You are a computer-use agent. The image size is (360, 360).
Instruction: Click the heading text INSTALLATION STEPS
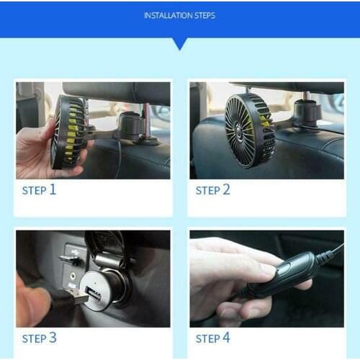(179, 15)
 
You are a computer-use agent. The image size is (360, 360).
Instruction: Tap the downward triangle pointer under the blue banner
(179, 43)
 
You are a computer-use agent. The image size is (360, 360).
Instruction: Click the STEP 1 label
(39, 190)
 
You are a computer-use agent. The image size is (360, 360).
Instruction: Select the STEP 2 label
(213, 190)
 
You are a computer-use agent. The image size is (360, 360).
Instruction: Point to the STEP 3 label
(39, 338)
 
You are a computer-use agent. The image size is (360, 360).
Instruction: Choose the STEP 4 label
(213, 338)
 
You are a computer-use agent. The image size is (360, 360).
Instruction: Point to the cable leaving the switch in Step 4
(331, 255)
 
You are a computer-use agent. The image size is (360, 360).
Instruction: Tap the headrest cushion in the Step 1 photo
(115, 92)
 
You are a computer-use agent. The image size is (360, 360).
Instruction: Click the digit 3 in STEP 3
(53, 338)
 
